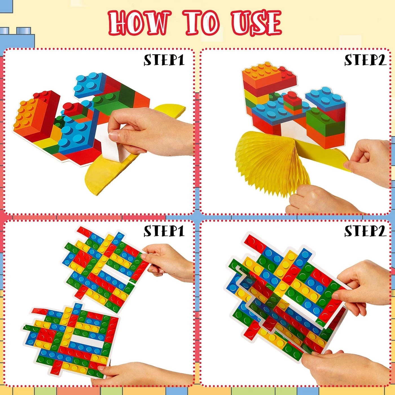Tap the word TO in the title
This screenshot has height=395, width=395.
click(x=202, y=23)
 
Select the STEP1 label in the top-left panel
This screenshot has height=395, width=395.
click(x=164, y=60)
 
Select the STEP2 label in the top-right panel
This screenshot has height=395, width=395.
click(x=365, y=60)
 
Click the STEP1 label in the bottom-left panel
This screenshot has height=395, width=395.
click(x=164, y=231)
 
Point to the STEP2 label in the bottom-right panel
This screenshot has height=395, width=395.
click(x=365, y=231)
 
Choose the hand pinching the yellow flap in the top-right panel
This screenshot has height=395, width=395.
click(x=370, y=161)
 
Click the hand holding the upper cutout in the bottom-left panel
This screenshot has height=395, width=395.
click(x=169, y=262)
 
